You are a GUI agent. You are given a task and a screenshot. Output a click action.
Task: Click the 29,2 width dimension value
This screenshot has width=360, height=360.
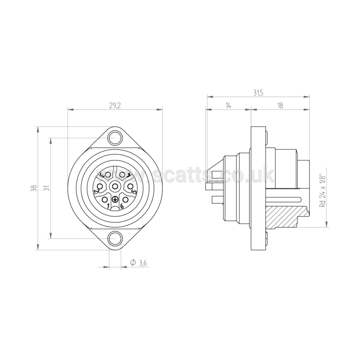115,106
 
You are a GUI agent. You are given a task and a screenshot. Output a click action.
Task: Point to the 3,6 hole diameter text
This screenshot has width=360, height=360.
143,263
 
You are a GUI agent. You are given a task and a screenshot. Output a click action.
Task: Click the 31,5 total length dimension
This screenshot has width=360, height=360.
258,93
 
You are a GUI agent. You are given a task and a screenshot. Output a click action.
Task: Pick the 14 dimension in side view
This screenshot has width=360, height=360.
228,105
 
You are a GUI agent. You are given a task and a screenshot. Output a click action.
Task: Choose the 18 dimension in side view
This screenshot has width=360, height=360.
280,105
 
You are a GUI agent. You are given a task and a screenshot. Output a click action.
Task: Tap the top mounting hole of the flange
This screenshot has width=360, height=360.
115,138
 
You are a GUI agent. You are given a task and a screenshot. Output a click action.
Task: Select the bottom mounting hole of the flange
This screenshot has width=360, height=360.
115,239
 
